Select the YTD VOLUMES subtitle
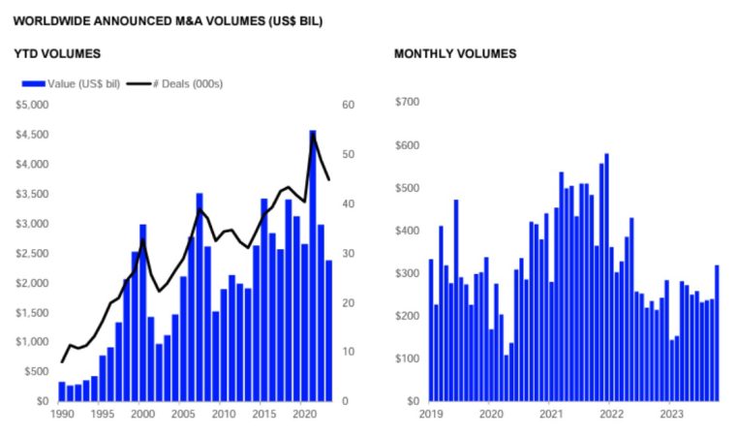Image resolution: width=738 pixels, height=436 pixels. click(57, 53)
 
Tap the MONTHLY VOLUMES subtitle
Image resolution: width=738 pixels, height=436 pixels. click(455, 53)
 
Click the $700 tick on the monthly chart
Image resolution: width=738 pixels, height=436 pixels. click(408, 102)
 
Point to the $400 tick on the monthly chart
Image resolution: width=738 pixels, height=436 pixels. click(408, 231)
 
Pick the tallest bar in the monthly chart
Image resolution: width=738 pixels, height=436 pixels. click(606, 276)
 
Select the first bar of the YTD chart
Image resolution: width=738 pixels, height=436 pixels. click(62, 390)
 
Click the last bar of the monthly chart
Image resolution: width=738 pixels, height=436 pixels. click(717, 332)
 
